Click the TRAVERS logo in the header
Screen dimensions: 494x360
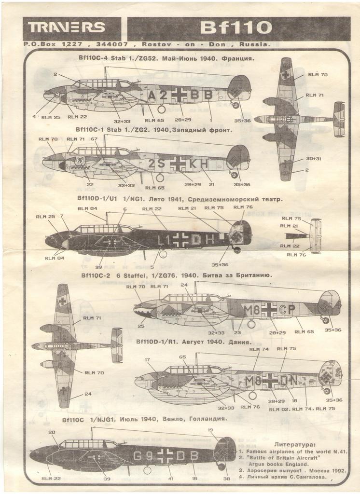click(67, 27)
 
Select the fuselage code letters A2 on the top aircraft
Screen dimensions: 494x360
click(157, 96)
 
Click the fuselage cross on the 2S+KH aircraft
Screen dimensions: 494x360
click(178, 164)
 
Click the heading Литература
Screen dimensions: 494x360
click(294, 444)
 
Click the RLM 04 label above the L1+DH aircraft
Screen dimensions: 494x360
click(87, 208)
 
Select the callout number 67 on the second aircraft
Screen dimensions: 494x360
click(94, 139)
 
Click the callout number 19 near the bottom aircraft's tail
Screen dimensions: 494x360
click(210, 430)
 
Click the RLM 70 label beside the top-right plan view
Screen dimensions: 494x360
click(318, 75)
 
